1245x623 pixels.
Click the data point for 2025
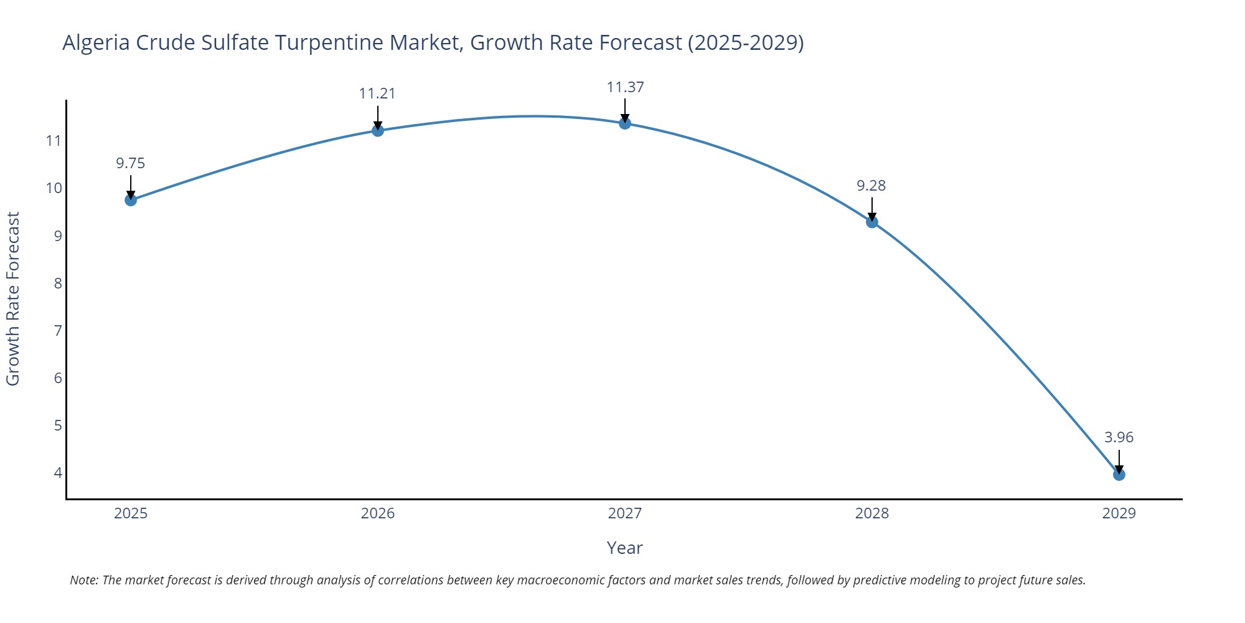pyautogui.click(x=131, y=200)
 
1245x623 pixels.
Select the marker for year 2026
pyautogui.click(x=378, y=130)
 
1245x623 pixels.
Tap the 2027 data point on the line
pyautogui.click(x=625, y=123)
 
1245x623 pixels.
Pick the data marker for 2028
pyautogui.click(x=872, y=222)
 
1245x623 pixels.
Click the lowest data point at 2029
pyautogui.click(x=1119, y=475)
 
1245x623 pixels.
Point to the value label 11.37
pyautogui.click(x=625, y=87)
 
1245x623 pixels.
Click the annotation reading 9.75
pyautogui.click(x=131, y=163)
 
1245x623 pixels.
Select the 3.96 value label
pyautogui.click(x=1119, y=437)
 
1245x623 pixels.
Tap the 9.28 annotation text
pyautogui.click(x=871, y=186)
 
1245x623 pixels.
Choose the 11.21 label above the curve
pyautogui.click(x=377, y=93)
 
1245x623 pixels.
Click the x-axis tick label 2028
pyautogui.click(x=872, y=513)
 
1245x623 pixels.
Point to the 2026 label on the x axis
pyautogui.click(x=378, y=513)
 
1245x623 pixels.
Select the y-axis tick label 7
pyautogui.click(x=58, y=330)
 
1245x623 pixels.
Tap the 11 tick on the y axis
pyautogui.click(x=54, y=141)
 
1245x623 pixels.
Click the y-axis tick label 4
pyautogui.click(x=58, y=472)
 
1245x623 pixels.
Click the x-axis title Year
pyautogui.click(x=624, y=548)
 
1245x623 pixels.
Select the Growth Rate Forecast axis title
pyautogui.click(x=13, y=299)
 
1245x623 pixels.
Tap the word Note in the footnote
pyautogui.click(x=83, y=580)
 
